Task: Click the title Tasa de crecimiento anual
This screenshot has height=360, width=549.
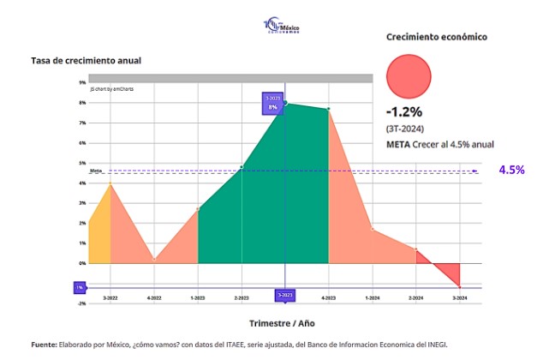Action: point(86,61)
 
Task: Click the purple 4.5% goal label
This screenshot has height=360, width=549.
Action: point(511,170)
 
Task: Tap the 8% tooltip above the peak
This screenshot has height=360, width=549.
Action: point(273,104)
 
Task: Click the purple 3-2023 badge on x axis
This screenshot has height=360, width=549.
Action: point(285,296)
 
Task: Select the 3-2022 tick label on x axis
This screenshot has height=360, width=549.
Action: point(110,297)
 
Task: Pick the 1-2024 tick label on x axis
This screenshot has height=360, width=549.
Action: point(373,297)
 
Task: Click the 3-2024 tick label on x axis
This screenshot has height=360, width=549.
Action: point(460,297)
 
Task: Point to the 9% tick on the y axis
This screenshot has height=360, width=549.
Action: point(82,83)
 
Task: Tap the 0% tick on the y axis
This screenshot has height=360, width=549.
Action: point(82,263)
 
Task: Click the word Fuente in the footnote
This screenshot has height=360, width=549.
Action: point(43,345)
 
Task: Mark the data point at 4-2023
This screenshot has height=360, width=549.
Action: point(329,109)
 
